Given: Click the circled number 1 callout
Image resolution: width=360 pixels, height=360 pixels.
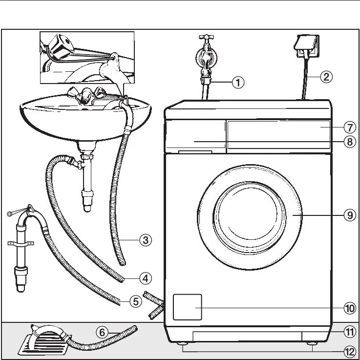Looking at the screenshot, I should coord(238,83).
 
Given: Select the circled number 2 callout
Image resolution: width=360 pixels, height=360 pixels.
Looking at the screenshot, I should coord(326,76).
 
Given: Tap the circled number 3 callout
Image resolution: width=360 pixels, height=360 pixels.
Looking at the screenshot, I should coord(145,240).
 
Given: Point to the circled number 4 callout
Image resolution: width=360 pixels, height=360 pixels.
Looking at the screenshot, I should coord(145,278).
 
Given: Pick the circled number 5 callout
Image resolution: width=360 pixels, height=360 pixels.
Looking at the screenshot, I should coord(136,302).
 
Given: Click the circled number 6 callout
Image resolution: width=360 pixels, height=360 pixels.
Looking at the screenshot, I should coord(102,333).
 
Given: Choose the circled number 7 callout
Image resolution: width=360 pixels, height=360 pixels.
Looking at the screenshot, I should coord(349,127).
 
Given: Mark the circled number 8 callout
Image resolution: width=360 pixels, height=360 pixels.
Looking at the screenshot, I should coord(349,142).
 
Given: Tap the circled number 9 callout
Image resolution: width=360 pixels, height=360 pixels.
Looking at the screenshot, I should coord(349,214).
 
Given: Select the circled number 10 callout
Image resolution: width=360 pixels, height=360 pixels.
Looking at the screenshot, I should coord(349,308).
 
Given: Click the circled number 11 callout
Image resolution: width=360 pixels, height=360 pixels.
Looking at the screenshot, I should coord(349,332).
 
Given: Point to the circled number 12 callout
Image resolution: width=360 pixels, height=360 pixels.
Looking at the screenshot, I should coord(349,351).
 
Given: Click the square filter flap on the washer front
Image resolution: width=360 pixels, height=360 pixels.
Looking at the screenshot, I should coord(187,307).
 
